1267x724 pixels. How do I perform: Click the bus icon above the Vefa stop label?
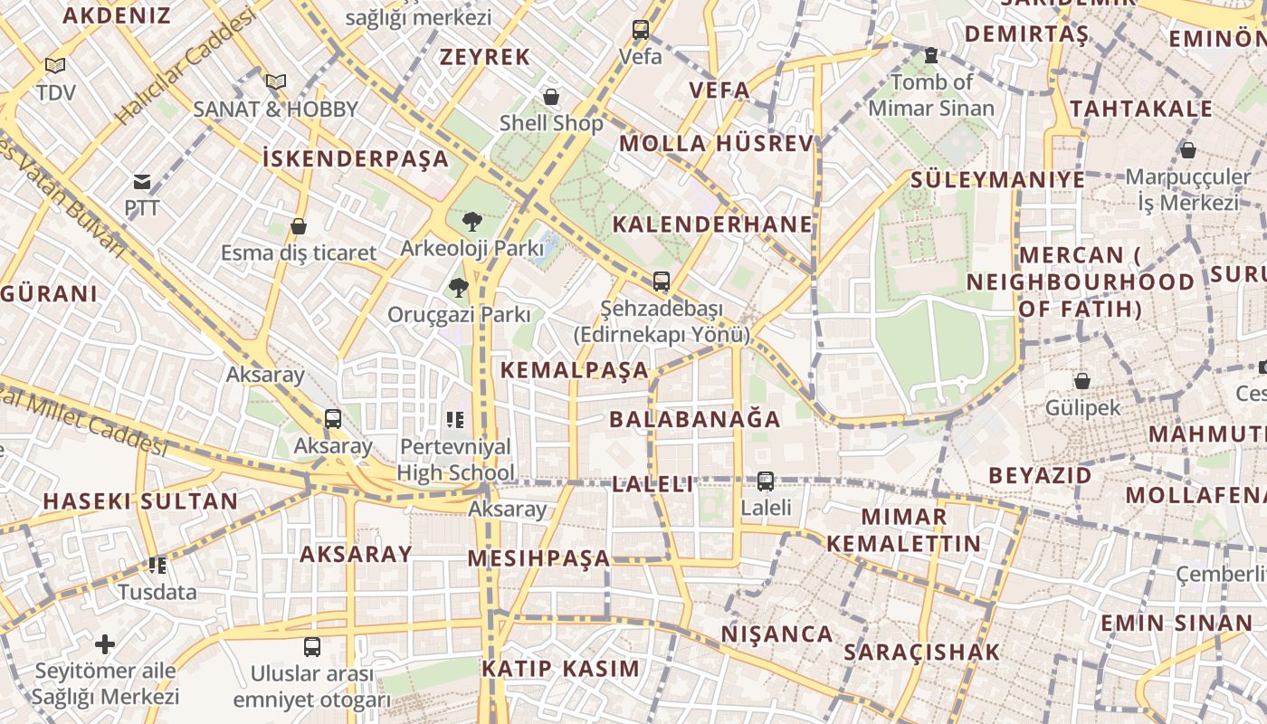click(x=641, y=30)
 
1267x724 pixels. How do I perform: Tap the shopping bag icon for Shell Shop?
click(x=551, y=97)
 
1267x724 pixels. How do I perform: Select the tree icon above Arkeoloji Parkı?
click(x=472, y=222)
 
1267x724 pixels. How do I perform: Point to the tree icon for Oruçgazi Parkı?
click(x=459, y=289)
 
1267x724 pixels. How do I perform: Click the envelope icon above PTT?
click(x=142, y=182)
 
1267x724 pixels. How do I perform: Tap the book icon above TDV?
click(x=55, y=66)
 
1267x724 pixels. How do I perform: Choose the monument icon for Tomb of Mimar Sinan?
click(x=930, y=56)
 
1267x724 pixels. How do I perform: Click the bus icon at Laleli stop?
click(x=766, y=481)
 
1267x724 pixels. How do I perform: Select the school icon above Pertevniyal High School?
click(x=455, y=420)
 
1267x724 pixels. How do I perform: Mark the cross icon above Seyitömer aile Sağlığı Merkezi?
click(x=105, y=644)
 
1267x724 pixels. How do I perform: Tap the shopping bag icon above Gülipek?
click(x=1081, y=381)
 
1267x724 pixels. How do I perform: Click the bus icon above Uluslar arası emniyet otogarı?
click(x=312, y=647)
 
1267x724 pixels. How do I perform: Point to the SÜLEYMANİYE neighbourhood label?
click(x=997, y=179)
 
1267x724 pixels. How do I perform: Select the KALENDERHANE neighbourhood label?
click(x=712, y=224)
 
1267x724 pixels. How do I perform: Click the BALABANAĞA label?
click(x=694, y=419)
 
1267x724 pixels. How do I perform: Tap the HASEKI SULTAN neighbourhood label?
click(x=140, y=501)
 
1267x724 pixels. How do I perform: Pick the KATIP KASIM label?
click(x=560, y=669)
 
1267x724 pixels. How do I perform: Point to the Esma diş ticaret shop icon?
click(x=299, y=226)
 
